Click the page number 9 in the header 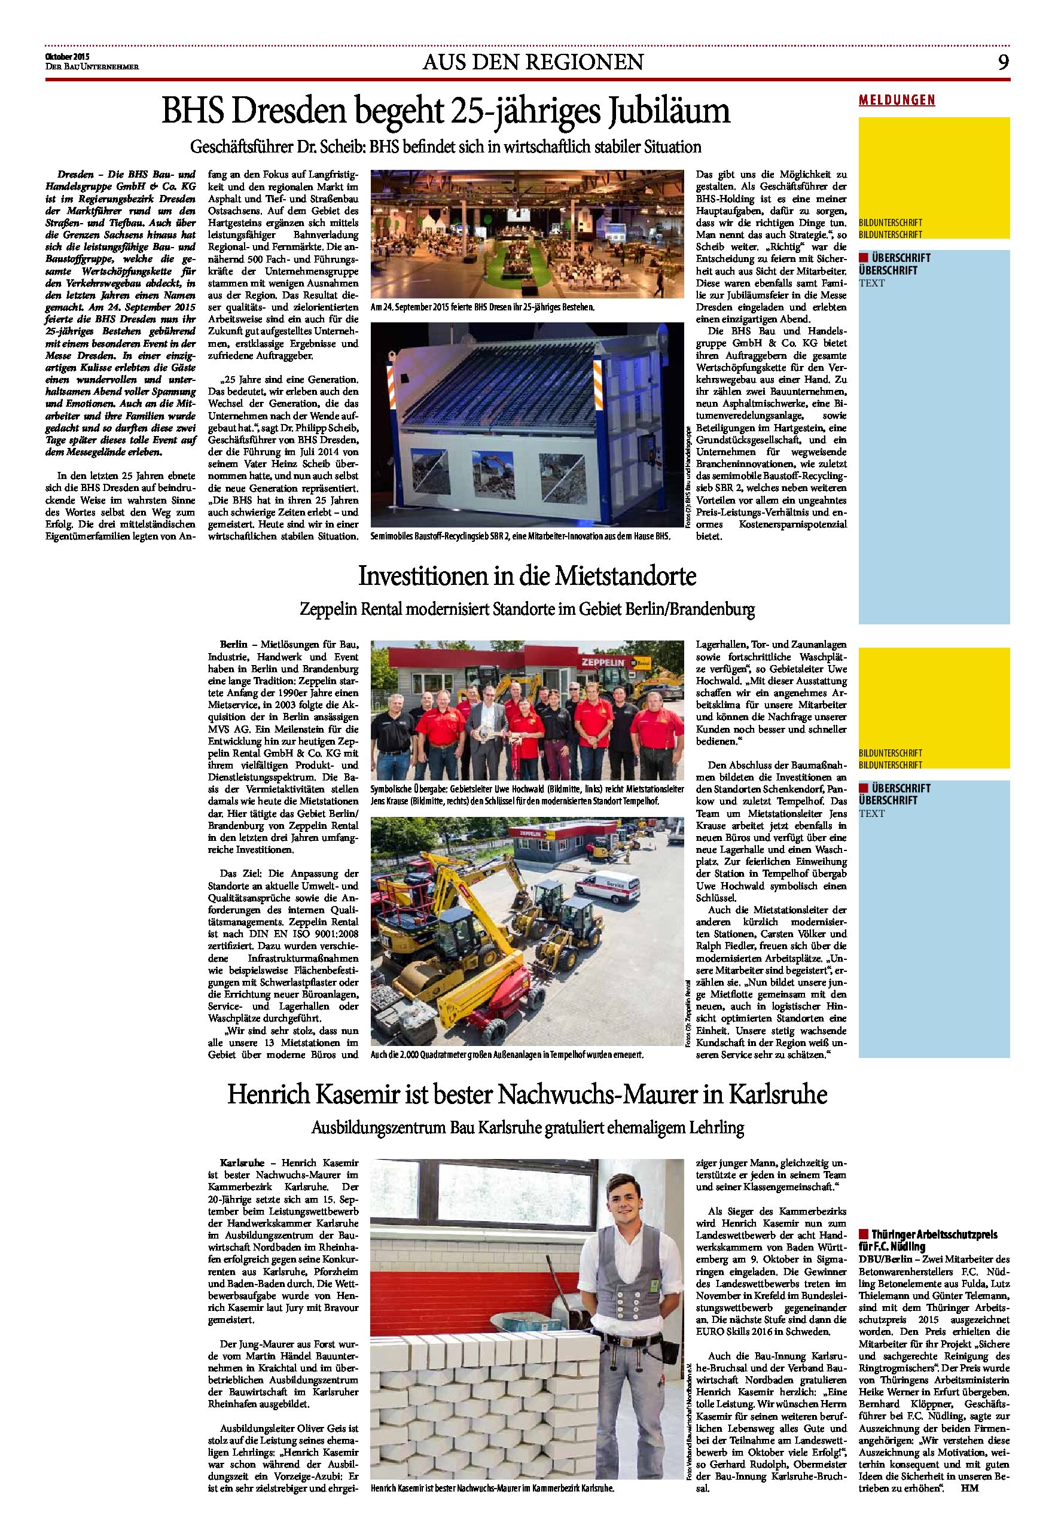[1004, 62]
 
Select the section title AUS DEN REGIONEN [532, 62]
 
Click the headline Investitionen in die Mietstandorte [527, 577]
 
